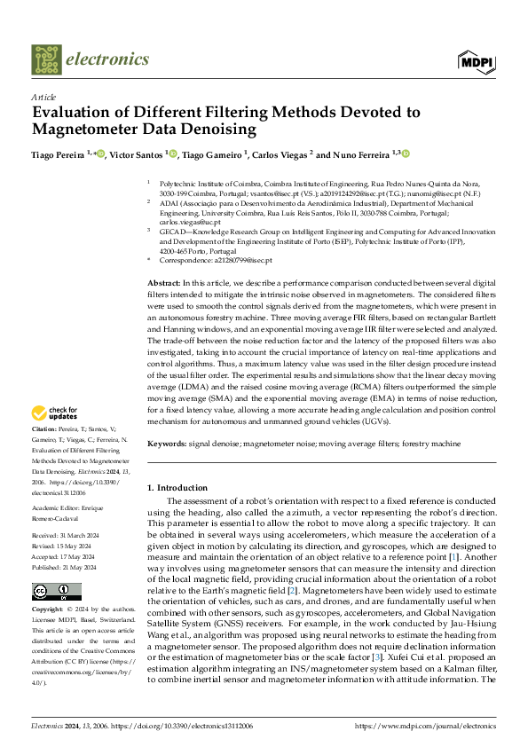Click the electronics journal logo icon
(47, 59)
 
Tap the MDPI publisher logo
(476, 60)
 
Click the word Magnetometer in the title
(82, 130)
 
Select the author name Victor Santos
(137, 154)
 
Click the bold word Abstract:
(163, 281)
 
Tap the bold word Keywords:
(167, 443)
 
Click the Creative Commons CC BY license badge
(56, 592)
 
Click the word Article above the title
(43, 97)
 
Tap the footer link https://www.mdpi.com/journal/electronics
(425, 726)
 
